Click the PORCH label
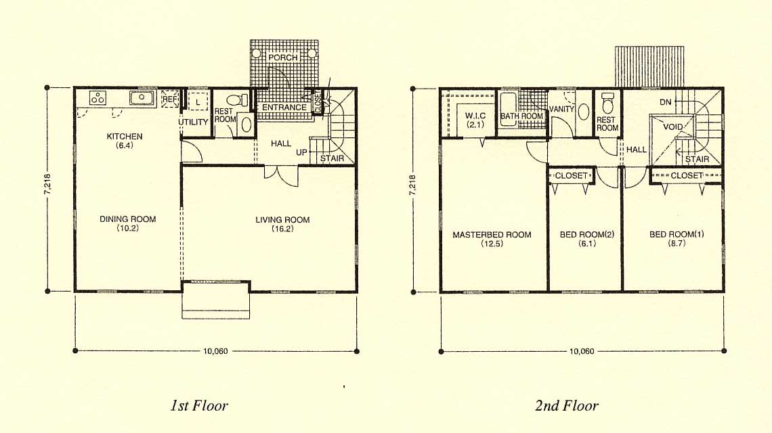(x=282, y=58)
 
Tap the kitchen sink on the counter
(x=142, y=98)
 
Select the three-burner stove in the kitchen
(x=98, y=98)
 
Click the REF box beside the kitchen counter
(x=169, y=99)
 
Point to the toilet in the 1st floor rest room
(x=238, y=100)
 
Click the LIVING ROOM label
(x=282, y=220)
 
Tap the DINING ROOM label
(x=127, y=219)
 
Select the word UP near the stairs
(x=301, y=152)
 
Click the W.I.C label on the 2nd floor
(x=475, y=116)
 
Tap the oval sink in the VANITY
(x=584, y=112)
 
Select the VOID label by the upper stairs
(x=673, y=127)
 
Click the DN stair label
(x=665, y=102)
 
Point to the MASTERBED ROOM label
(x=492, y=235)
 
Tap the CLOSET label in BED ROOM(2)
(x=571, y=176)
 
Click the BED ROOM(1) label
(x=677, y=234)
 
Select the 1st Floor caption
(x=199, y=405)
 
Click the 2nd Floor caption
(x=567, y=405)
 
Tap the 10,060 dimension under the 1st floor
(x=215, y=351)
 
